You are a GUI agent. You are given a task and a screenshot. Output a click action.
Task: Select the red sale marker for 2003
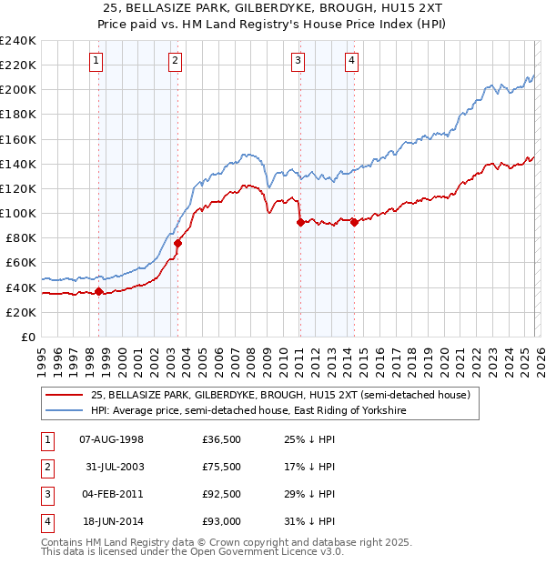pos(178,243)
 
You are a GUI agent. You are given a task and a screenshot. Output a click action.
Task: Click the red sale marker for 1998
pos(98,291)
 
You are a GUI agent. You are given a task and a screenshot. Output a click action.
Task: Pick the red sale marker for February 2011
pos(299,222)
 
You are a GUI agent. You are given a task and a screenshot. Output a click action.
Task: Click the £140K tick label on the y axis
pos(17,164)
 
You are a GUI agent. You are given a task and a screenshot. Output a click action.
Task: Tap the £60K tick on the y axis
pos(20,263)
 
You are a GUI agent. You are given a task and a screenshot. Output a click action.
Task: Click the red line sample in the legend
pos(65,396)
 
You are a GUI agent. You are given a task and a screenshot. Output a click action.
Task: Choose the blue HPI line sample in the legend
pos(65,411)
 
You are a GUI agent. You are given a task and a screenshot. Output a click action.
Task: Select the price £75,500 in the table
pos(221,467)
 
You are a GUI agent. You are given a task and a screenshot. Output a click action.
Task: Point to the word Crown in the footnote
pos(231,542)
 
